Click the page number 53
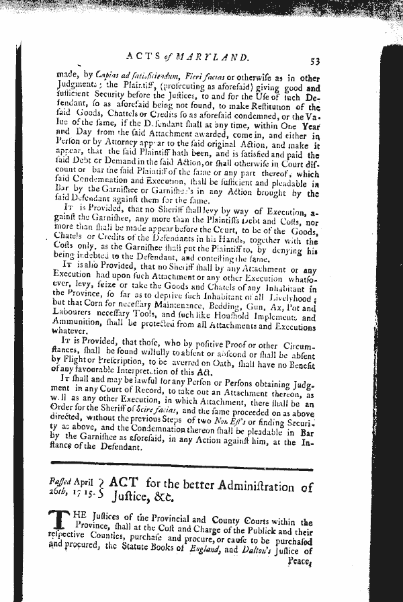pyautogui.click(x=314, y=62)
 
